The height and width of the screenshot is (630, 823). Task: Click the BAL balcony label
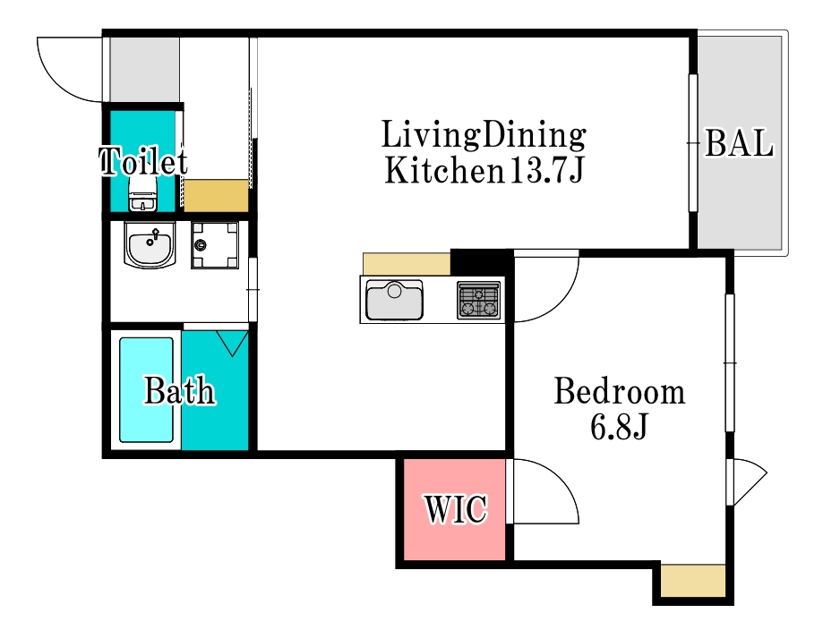(739, 142)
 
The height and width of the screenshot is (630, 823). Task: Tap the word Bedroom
(620, 391)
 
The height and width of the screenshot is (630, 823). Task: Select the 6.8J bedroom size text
(619, 427)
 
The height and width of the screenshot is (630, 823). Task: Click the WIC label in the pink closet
(456, 508)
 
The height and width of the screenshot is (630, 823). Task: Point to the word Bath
(180, 390)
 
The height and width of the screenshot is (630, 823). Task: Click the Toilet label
(143, 160)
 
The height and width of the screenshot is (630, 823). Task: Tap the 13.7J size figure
(546, 170)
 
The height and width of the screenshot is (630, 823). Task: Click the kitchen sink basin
(394, 300)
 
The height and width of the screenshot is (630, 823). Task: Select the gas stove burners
(479, 300)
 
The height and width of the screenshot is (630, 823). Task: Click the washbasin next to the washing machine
(150, 244)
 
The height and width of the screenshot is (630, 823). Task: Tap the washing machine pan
(215, 245)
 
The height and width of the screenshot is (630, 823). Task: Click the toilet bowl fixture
(142, 193)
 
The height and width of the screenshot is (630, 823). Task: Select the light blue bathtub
(147, 390)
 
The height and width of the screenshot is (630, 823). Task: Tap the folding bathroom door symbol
(232, 343)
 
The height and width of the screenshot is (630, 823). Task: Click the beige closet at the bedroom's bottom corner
(693, 581)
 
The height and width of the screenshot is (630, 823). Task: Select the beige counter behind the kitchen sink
(407, 264)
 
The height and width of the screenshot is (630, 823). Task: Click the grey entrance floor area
(144, 69)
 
